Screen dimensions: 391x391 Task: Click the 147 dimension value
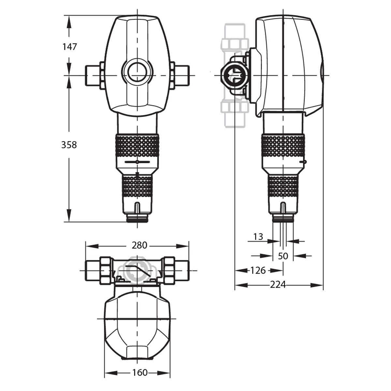coord(70,47)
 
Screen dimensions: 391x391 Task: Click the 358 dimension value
coord(69,145)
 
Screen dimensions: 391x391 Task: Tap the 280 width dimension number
coord(139,246)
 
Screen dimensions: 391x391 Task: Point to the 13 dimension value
coord(258,237)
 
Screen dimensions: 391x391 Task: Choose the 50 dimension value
coord(283,256)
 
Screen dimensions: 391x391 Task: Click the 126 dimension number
coord(258,270)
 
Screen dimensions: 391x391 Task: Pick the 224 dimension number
coord(278,285)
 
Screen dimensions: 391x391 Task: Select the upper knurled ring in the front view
coord(138,146)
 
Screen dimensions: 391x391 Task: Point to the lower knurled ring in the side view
coord(283,186)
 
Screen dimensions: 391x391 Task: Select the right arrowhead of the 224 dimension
coord(317,285)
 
